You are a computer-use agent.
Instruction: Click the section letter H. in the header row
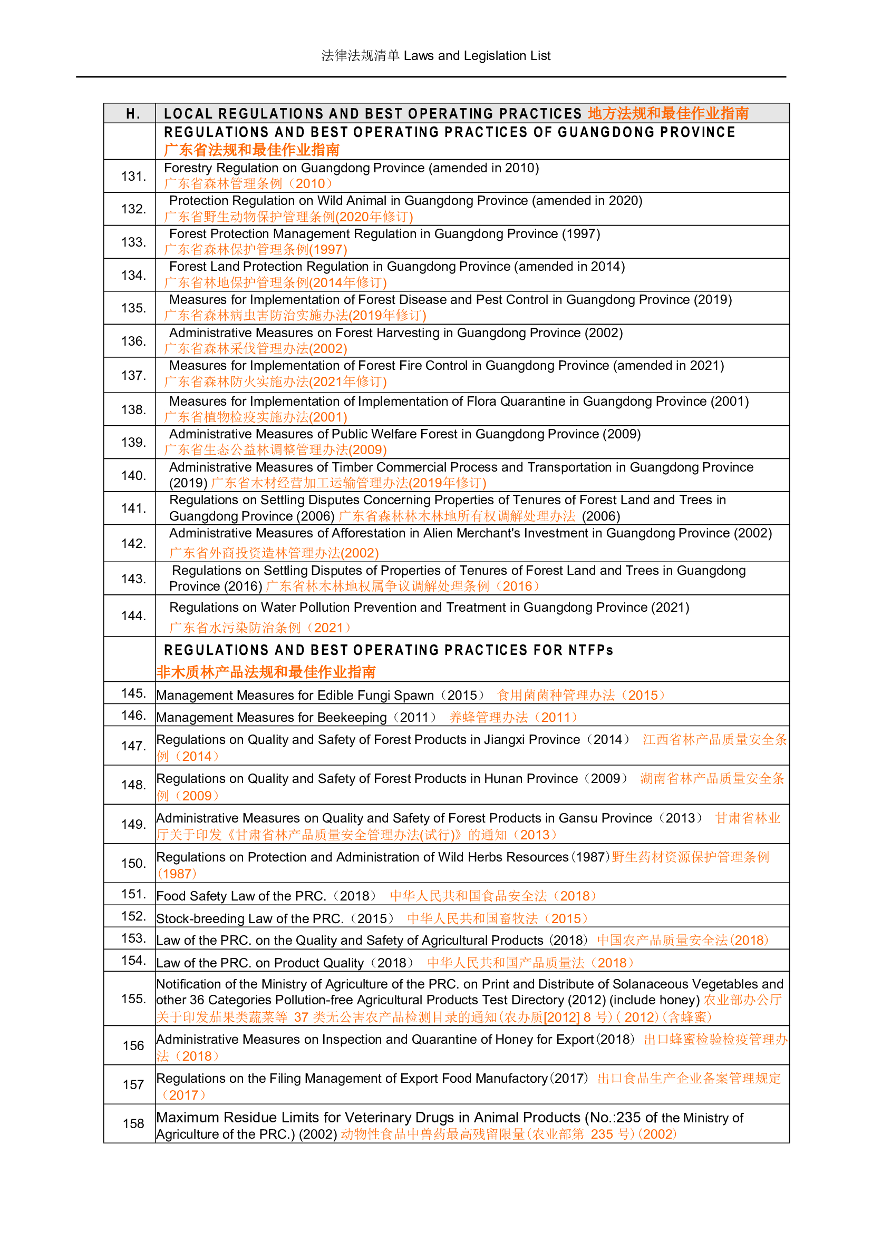(x=133, y=114)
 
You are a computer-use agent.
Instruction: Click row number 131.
(x=133, y=176)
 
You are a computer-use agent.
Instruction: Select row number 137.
(x=133, y=375)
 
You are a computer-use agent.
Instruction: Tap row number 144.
(x=133, y=615)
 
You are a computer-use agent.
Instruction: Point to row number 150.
(x=133, y=863)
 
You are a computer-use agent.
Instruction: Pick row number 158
(x=133, y=1123)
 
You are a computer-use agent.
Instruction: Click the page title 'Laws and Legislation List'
(x=477, y=56)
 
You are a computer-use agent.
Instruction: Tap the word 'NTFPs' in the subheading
(x=590, y=650)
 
